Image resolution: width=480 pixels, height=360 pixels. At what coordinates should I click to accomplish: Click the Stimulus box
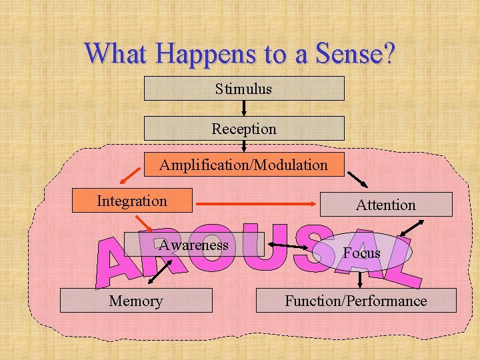click(244, 88)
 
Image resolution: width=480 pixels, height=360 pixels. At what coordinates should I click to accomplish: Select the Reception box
click(244, 128)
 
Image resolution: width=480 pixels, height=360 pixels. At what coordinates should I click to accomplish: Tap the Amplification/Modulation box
click(244, 164)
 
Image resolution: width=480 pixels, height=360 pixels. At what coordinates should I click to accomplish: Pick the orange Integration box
click(132, 201)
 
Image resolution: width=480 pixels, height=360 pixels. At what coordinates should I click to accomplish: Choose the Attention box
click(385, 205)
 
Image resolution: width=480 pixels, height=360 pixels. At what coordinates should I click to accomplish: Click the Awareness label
click(193, 245)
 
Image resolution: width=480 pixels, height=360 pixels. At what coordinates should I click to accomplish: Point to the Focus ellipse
click(361, 253)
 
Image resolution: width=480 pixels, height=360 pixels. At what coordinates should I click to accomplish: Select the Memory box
click(136, 301)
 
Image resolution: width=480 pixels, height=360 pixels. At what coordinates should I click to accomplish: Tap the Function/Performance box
click(356, 301)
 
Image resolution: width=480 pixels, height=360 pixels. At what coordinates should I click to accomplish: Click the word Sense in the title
click(339, 53)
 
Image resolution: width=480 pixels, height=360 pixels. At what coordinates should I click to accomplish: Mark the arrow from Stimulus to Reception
click(244, 108)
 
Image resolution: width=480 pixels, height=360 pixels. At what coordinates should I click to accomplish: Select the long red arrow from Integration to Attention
click(257, 204)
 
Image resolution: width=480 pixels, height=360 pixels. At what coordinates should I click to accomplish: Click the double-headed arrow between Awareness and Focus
click(293, 249)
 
